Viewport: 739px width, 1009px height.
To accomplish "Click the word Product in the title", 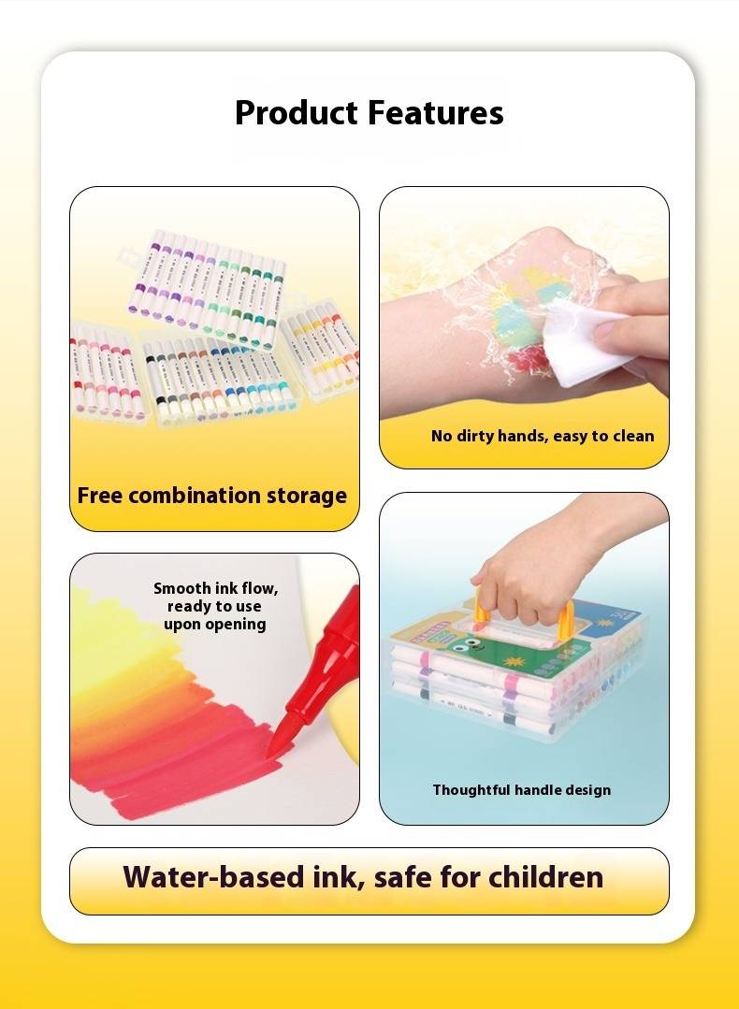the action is point(297,114).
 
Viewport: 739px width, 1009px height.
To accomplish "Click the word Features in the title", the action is point(436,112).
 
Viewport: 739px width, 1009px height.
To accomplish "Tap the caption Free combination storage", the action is point(211,496).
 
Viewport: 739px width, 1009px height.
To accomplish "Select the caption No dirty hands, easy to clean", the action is point(543,436).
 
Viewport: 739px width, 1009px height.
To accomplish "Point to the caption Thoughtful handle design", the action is point(521,789).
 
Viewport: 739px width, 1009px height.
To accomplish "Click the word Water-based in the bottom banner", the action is point(213,876).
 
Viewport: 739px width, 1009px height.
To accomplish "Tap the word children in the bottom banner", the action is point(545,876).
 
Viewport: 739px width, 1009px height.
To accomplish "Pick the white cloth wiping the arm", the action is point(583,341).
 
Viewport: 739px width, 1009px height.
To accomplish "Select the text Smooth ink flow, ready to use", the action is point(215,598).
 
